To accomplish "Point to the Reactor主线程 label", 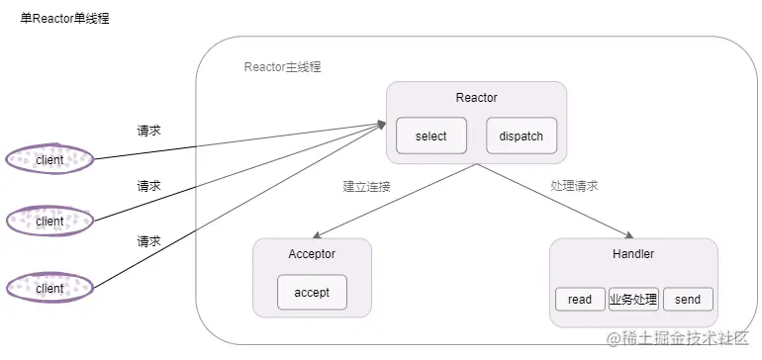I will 282,67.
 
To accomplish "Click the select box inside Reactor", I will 431,136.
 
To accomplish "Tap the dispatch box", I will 522,136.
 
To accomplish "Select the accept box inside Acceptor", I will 312,293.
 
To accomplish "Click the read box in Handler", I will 580,300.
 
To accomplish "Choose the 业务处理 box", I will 633,300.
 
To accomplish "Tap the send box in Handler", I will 687,300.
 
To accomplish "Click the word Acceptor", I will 312,254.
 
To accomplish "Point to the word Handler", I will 633,254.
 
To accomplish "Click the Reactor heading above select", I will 476,98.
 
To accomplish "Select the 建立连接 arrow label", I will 367,186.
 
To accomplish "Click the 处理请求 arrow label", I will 574,186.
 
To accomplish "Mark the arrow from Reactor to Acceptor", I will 386,201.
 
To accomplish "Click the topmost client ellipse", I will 49,159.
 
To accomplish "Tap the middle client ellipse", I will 49,222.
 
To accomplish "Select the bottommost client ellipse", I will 49,289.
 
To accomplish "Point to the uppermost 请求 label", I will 148,130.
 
